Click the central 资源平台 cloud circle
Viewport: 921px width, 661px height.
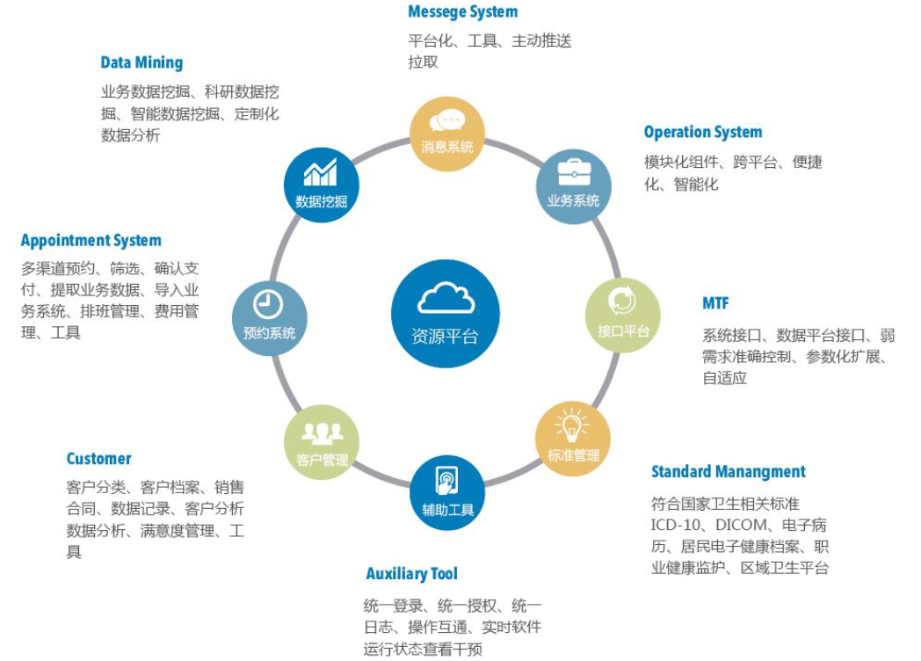pyautogui.click(x=446, y=314)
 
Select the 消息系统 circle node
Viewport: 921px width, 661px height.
pyautogui.click(x=447, y=134)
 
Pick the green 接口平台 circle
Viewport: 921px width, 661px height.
pyautogui.click(x=623, y=315)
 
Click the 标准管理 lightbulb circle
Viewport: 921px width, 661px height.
pyautogui.click(x=573, y=439)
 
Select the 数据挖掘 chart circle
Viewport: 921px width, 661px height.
pyautogui.click(x=321, y=185)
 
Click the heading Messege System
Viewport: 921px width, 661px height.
pyautogui.click(x=462, y=12)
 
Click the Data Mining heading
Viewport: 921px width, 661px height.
pyautogui.click(x=141, y=62)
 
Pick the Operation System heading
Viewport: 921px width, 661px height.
pyautogui.click(x=702, y=133)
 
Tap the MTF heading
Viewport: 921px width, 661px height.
pyautogui.click(x=715, y=303)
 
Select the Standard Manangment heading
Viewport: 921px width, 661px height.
pyautogui.click(x=728, y=472)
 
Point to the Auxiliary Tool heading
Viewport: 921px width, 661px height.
pyautogui.click(x=411, y=574)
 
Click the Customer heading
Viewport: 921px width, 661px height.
pyautogui.click(x=98, y=459)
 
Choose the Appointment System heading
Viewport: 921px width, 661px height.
pyautogui.click(x=91, y=241)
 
